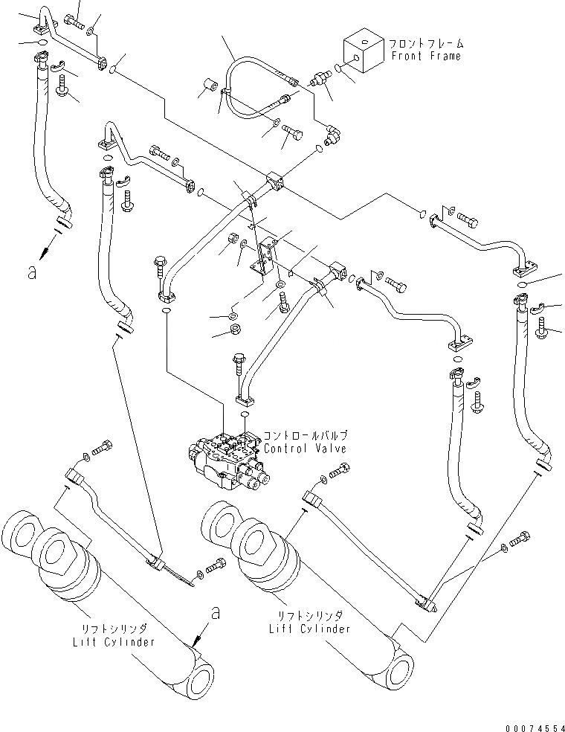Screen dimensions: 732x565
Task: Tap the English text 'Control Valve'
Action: click(x=305, y=449)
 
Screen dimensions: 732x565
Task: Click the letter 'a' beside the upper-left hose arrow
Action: click(x=30, y=272)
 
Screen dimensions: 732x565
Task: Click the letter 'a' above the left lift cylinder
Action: click(x=216, y=614)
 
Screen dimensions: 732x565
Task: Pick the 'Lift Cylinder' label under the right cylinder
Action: click(x=310, y=629)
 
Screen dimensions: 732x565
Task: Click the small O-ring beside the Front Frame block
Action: click(x=339, y=68)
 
